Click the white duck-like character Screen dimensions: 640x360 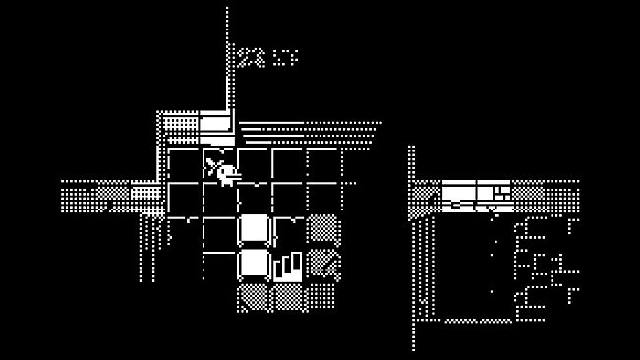click(227, 175)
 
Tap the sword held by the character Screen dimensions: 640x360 click(212, 162)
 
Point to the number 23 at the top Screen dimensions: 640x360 click(251, 58)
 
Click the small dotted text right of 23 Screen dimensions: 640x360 click(285, 58)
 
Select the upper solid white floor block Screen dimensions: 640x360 click(255, 229)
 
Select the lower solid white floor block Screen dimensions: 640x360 click(255, 264)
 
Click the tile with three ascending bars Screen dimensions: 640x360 click(288, 266)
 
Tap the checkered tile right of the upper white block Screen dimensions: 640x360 click(322, 229)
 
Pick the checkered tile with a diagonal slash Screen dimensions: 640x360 click(322, 264)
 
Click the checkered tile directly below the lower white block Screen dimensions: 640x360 click(255, 296)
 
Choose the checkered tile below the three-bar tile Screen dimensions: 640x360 click(288, 296)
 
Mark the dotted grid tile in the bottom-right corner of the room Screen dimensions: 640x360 click(322, 295)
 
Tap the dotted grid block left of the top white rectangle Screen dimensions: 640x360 click(180, 125)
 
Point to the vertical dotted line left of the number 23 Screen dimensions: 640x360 click(228, 59)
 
